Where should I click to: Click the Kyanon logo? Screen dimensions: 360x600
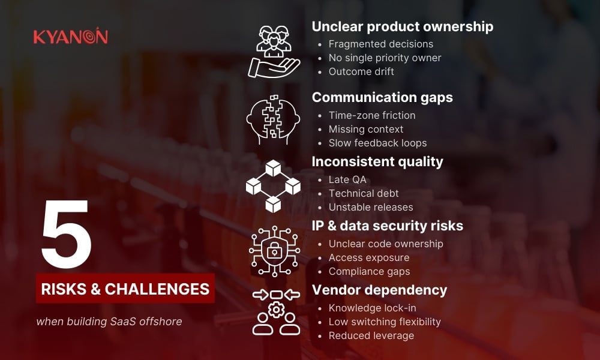coord(71,37)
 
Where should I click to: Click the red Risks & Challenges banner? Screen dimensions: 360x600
coord(125,289)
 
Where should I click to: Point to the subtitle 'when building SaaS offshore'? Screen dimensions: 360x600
coord(109,322)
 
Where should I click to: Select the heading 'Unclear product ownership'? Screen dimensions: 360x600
coord(402,26)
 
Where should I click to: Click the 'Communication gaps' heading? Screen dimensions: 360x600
coord(382,97)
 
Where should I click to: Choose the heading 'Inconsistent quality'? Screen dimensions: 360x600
coord(377,161)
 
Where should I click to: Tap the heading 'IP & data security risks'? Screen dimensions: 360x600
coord(387,226)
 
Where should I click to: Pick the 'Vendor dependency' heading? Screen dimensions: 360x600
coord(379,290)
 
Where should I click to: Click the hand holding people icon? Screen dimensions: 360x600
coord(274,52)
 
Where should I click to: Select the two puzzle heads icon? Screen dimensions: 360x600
coord(274,119)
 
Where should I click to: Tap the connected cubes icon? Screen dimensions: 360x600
coord(274,186)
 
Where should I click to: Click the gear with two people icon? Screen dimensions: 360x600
coord(276,311)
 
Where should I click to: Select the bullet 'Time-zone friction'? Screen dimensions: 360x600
coord(371,115)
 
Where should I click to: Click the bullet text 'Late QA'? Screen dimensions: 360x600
coord(347,179)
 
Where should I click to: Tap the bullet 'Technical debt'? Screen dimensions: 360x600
coord(364,193)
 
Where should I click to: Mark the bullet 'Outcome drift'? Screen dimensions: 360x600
coord(361,71)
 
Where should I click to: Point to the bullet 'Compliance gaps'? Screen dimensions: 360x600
coord(369,271)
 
